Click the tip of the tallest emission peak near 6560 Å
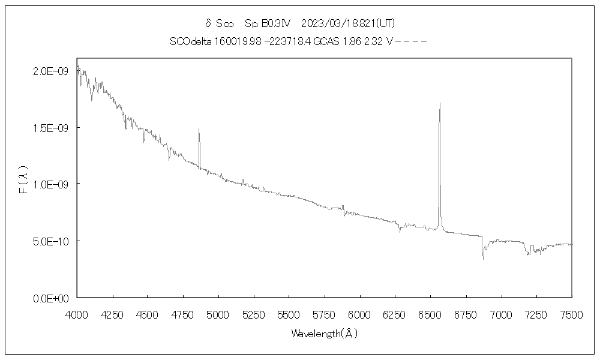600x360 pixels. (x=440, y=103)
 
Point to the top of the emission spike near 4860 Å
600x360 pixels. (x=199, y=129)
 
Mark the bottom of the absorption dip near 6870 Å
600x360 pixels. (x=483, y=259)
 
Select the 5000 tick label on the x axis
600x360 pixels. (x=218, y=313)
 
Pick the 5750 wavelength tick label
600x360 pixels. (x=324, y=313)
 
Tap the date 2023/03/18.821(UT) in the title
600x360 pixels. (x=347, y=23)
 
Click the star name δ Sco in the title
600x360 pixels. (x=220, y=23)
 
